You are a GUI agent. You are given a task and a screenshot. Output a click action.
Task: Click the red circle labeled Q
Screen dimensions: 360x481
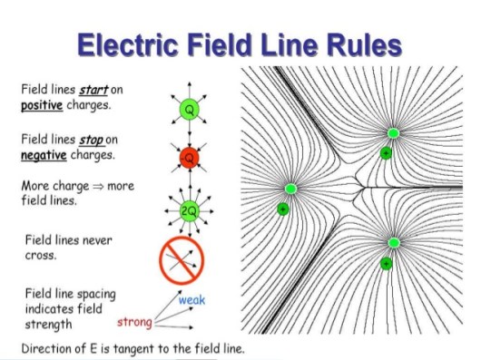188,159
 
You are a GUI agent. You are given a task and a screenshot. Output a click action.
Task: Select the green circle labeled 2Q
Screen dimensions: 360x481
188,210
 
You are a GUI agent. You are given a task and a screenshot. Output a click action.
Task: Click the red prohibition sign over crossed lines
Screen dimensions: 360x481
182,260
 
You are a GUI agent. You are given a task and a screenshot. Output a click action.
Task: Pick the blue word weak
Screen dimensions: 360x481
192,300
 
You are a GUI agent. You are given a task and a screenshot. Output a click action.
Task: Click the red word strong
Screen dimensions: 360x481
133,322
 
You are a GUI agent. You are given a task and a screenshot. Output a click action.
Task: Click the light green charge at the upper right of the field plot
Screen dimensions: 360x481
393,133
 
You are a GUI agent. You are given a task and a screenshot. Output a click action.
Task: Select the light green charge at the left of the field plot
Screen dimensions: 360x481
290,189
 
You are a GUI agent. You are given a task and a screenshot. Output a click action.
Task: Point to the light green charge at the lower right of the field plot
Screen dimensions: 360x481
393,243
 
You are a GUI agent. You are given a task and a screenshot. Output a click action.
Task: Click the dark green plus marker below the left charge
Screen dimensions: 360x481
282,209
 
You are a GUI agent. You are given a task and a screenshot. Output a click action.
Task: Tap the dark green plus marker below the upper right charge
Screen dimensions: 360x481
386,153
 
